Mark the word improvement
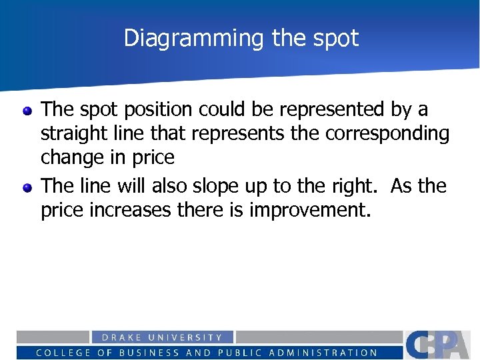(309, 211)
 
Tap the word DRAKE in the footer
(121, 337)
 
